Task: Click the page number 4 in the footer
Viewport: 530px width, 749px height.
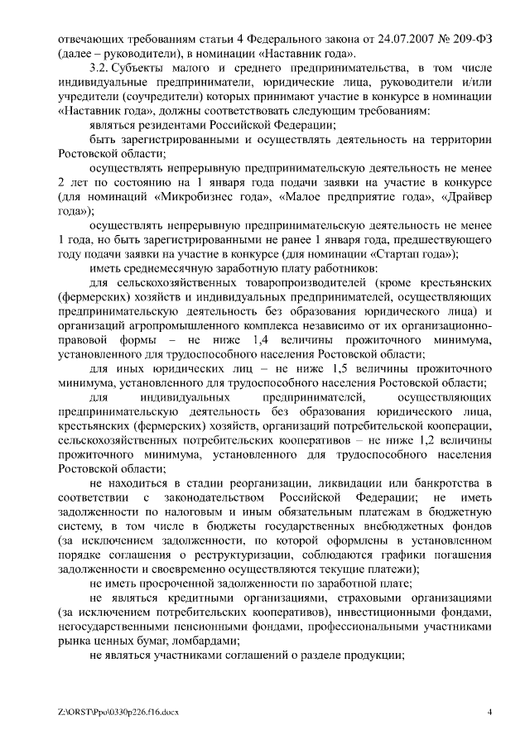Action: click(x=489, y=712)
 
